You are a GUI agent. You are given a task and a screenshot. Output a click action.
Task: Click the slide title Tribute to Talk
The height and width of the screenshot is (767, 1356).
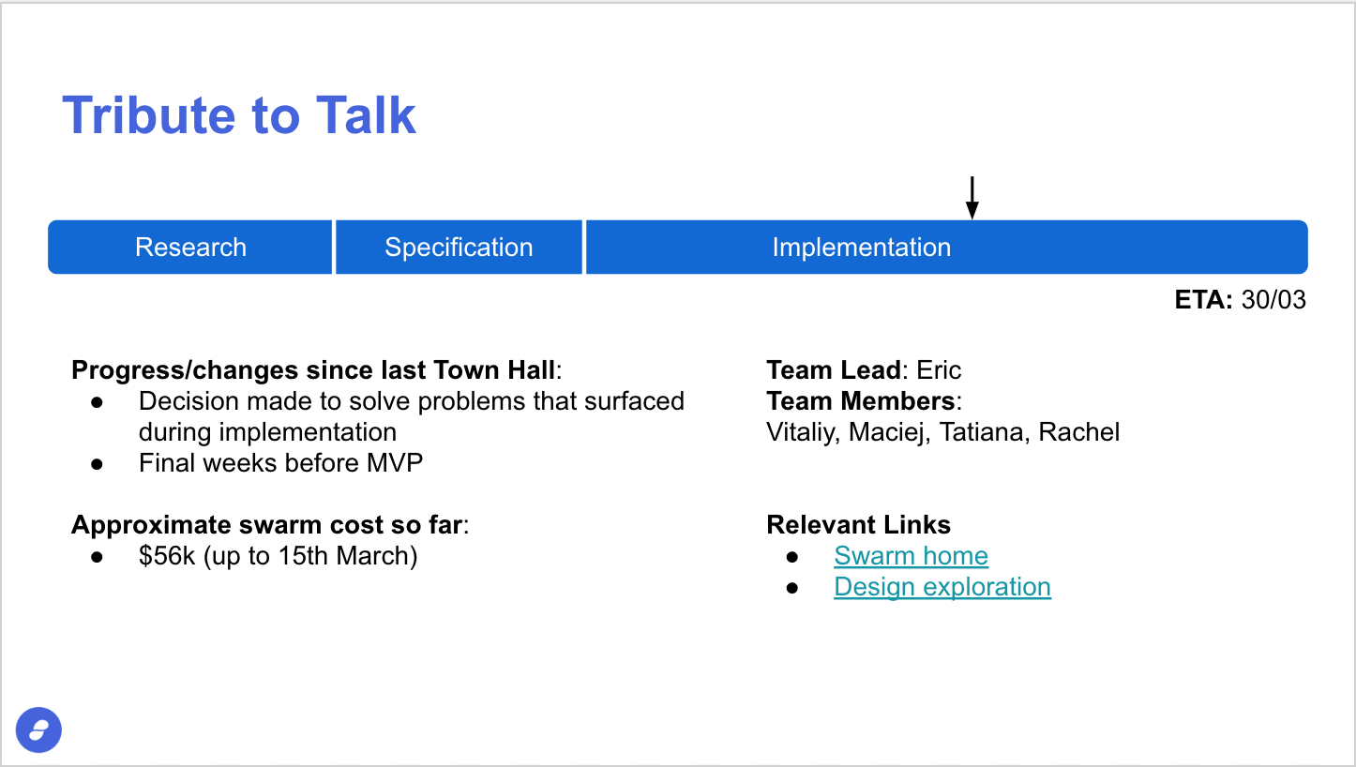pyautogui.click(x=239, y=115)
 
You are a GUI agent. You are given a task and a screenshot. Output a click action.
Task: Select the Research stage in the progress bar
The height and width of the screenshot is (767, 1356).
pyautogui.click(x=190, y=247)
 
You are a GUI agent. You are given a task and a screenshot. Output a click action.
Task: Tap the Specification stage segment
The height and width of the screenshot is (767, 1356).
pyautogui.click(x=459, y=247)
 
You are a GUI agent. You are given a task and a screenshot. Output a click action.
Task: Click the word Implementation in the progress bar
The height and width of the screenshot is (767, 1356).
pyautogui.click(x=862, y=247)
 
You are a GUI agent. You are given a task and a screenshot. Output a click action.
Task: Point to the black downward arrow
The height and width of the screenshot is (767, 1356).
pyautogui.click(x=972, y=197)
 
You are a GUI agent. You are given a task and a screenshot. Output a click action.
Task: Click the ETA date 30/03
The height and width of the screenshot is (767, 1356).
pyautogui.click(x=1273, y=300)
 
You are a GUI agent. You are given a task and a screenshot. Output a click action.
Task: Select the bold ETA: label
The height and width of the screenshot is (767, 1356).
pyautogui.click(x=1203, y=300)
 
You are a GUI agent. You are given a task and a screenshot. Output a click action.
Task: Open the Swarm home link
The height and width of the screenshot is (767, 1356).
pyautogui.click(x=911, y=556)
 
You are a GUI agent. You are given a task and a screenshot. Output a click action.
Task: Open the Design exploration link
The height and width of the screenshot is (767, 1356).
pyautogui.click(x=942, y=587)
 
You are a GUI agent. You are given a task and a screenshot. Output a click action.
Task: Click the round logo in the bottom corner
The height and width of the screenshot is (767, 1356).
pyautogui.click(x=38, y=730)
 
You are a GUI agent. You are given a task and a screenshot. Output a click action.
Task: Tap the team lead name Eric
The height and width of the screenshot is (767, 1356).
pyautogui.click(x=939, y=369)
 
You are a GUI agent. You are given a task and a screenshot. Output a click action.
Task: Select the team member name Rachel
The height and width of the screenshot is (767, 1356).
pyautogui.click(x=1078, y=432)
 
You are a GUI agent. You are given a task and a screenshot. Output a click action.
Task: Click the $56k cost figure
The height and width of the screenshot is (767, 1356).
pyautogui.click(x=167, y=556)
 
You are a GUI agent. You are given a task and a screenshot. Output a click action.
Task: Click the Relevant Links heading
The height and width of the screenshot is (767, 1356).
pyautogui.click(x=858, y=525)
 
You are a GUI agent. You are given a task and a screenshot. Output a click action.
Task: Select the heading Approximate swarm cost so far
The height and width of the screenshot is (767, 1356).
pyautogui.click(x=267, y=525)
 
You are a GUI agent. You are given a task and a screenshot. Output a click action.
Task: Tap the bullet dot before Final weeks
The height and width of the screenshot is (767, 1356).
pyautogui.click(x=97, y=464)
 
